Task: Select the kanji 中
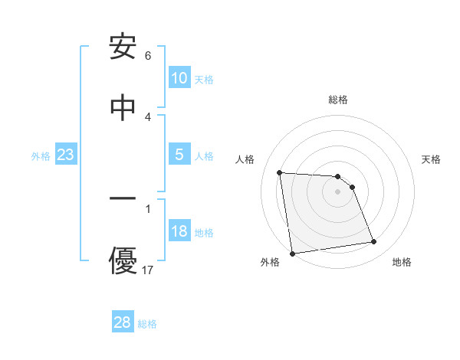(x=123, y=108)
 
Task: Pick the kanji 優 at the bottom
(x=123, y=260)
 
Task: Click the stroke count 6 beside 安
(x=148, y=56)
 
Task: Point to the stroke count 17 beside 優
(x=149, y=270)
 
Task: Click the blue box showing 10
(x=179, y=78)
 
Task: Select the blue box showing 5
(x=179, y=155)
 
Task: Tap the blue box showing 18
(x=179, y=232)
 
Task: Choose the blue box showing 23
(x=66, y=155)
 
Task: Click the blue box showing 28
(x=123, y=322)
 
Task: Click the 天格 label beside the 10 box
(x=204, y=79)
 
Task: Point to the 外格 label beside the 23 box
(x=41, y=155)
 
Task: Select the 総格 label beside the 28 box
(x=147, y=323)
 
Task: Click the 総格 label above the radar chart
(x=338, y=100)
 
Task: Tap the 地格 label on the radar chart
(x=402, y=263)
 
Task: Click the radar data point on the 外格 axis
(x=292, y=253)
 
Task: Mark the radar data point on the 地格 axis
(x=374, y=242)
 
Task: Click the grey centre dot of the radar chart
(x=338, y=191)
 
